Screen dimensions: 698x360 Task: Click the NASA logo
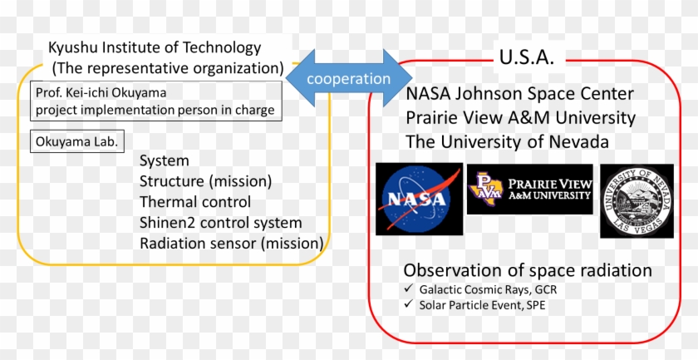[419, 199]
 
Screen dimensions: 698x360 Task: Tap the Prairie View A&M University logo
[530, 189]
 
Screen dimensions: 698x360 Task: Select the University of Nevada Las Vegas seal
[637, 200]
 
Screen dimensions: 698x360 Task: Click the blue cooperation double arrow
[348, 78]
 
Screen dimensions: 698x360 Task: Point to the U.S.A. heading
[527, 57]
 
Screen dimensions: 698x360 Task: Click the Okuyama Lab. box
[77, 141]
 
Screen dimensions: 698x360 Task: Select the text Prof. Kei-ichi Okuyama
[101, 92]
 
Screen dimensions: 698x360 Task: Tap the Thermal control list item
[195, 202]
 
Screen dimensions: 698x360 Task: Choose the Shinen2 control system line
[221, 223]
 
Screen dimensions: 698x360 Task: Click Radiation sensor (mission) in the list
[232, 244]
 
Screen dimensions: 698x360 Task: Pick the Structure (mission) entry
[206, 181]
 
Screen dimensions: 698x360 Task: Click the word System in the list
[165, 160]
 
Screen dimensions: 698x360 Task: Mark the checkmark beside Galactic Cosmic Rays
[409, 288]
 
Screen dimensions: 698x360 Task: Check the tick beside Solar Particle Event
[409, 303]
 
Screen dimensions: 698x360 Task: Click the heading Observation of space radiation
[528, 270]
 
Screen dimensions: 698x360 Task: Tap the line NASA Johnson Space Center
[520, 94]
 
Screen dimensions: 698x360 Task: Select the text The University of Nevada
[507, 141]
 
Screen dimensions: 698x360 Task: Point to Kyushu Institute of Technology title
[155, 47]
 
